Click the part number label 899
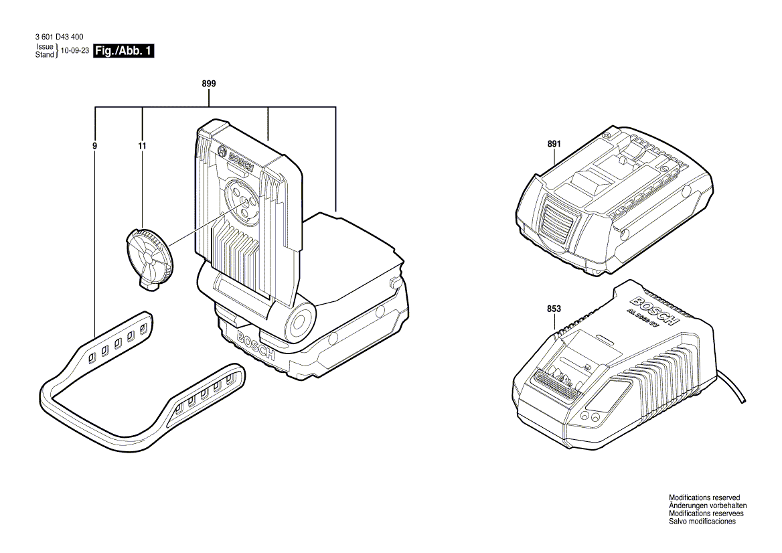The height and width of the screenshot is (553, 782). click(208, 84)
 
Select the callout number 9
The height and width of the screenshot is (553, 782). click(95, 145)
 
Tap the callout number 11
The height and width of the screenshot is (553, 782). click(142, 145)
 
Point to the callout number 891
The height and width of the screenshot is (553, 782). click(554, 144)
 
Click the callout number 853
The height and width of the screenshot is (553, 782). click(554, 309)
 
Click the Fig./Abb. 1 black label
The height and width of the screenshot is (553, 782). click(125, 52)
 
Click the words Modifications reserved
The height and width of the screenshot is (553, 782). click(704, 497)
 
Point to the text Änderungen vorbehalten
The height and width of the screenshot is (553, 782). click(708, 505)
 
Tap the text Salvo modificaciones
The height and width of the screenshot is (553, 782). click(702, 522)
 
